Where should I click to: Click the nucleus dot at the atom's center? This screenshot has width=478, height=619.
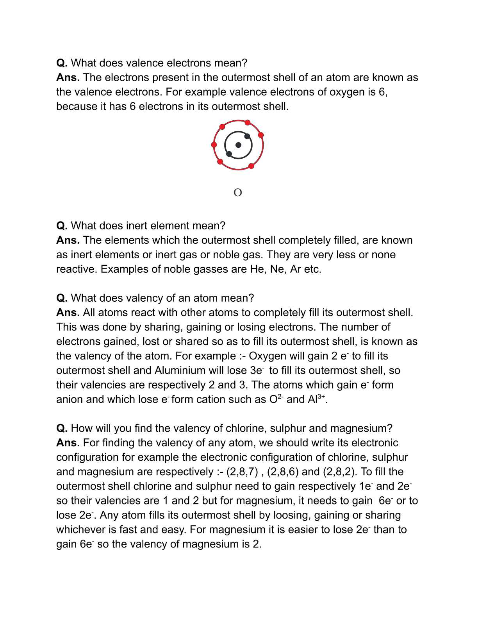pos(238,145)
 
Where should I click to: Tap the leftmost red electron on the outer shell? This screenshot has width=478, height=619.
pos(214,145)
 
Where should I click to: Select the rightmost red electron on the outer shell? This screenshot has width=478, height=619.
pos(261,135)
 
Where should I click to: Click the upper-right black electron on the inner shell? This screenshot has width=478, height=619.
pos(247,136)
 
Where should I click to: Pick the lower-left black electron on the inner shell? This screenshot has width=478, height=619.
pos(229,154)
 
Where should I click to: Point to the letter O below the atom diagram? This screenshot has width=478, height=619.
pos(237,193)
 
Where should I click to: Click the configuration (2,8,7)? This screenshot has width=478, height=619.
pos(242,472)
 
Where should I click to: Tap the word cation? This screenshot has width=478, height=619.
pos(212,399)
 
